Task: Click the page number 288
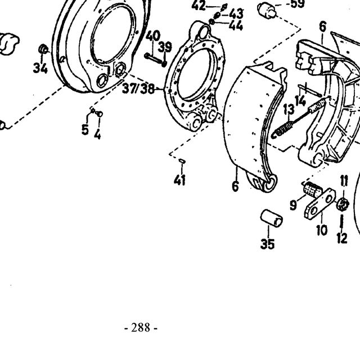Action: coord(141,327)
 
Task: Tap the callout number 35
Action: coord(268,244)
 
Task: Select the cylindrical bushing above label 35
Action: coord(271,218)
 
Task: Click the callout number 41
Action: coord(179,180)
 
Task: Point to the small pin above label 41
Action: coord(182,161)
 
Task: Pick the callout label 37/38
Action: coord(138,88)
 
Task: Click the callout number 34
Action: coord(40,68)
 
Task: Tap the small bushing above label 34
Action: coord(43,49)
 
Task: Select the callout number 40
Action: coord(153,36)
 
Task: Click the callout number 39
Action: coord(165,47)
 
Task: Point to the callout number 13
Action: coord(289,109)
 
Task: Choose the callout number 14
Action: coord(301,101)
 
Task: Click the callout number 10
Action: coord(322,229)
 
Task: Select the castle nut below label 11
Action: coord(343,204)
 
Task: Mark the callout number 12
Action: coord(342,238)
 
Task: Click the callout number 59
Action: coord(298,4)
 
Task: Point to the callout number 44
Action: coord(236,25)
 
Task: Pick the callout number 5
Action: coord(85,130)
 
